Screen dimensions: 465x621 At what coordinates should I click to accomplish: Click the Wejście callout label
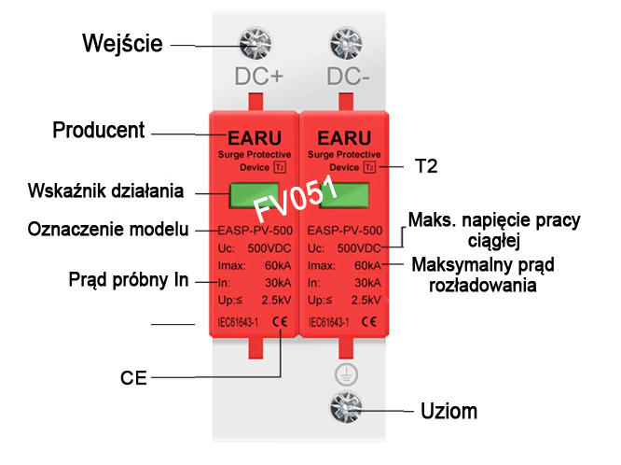[122, 44]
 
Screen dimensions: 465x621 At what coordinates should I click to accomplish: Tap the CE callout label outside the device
[133, 378]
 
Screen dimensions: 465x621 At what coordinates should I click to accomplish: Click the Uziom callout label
[448, 410]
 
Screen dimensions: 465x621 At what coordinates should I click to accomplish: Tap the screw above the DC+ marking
[254, 44]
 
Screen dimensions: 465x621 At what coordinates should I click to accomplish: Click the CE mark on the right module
[369, 323]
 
